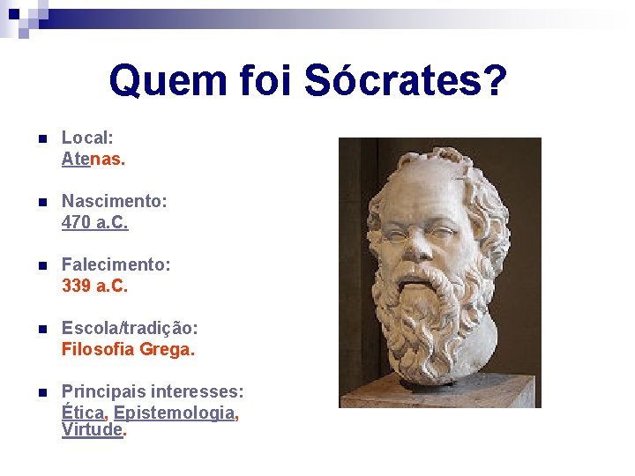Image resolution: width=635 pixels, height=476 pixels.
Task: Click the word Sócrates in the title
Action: click(x=405, y=82)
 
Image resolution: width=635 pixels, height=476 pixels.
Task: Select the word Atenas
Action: click(x=93, y=160)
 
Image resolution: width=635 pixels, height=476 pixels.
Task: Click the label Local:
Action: click(x=87, y=138)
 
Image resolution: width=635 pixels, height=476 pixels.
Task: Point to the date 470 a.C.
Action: click(x=94, y=223)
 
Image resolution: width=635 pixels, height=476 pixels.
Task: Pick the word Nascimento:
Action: click(x=114, y=202)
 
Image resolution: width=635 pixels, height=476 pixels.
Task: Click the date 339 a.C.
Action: click(x=94, y=286)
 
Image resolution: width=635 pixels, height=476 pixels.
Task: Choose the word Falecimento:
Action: click(x=116, y=264)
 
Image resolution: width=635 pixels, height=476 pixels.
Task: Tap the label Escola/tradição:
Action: click(x=130, y=328)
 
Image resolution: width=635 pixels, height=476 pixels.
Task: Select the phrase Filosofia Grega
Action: click(x=128, y=349)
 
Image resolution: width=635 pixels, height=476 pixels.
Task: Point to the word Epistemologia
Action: click(x=175, y=412)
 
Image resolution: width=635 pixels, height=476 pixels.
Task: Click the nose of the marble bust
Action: click(x=437, y=243)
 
